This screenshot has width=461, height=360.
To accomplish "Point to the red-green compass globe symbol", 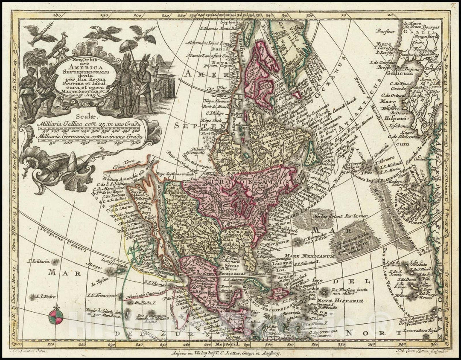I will point(56,316).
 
